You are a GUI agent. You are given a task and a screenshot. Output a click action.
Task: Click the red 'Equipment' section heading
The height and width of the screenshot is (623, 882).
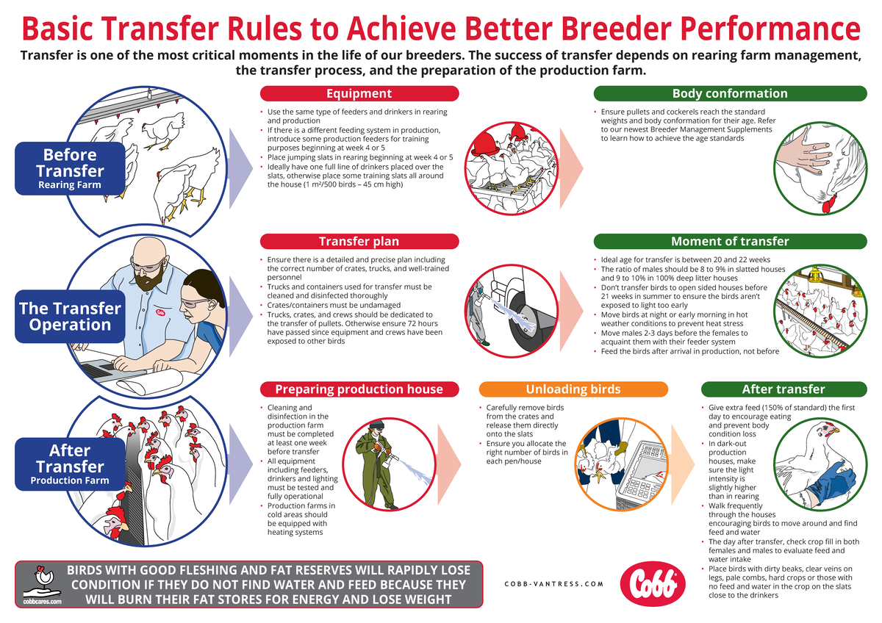(x=359, y=93)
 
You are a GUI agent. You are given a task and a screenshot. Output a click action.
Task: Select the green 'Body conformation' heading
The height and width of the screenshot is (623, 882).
(x=729, y=93)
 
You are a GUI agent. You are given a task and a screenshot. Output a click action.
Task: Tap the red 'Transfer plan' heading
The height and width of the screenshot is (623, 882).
(x=359, y=242)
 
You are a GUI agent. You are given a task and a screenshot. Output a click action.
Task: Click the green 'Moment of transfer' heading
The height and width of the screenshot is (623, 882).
(x=729, y=242)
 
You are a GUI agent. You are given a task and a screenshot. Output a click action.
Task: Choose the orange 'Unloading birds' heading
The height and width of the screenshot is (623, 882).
(x=573, y=389)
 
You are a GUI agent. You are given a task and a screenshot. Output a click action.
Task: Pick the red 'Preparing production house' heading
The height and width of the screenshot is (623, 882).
(x=359, y=389)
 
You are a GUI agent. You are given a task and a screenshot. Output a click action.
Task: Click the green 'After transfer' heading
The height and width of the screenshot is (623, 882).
(x=783, y=389)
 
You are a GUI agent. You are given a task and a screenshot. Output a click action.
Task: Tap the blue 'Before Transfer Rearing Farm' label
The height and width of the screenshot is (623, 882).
(x=70, y=168)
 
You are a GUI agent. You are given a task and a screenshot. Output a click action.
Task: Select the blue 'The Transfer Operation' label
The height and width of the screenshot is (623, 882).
(x=70, y=317)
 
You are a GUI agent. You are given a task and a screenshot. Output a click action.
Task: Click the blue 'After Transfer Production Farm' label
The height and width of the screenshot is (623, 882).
(x=70, y=464)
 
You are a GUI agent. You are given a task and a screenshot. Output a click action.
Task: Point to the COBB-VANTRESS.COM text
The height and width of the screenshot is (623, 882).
(x=554, y=584)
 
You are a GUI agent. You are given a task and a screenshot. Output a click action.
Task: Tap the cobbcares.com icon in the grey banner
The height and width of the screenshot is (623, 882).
(x=41, y=584)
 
